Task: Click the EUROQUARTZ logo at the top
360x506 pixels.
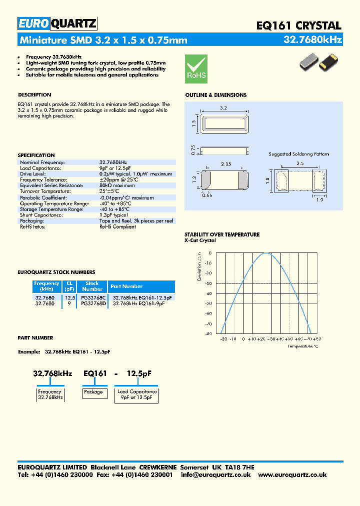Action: (x=57, y=23)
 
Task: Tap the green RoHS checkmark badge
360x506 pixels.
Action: (x=196, y=68)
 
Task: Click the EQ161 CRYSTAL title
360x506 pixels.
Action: (x=298, y=25)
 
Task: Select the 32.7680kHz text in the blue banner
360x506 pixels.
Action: (x=312, y=39)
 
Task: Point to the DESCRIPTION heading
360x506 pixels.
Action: (x=34, y=95)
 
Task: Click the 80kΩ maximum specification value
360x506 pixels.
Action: (x=117, y=185)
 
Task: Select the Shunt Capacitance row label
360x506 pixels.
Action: (x=41, y=214)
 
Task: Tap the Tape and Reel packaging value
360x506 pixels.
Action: (x=136, y=220)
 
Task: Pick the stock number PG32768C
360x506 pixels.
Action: (x=93, y=297)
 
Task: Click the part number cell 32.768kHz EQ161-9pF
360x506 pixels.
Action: (x=138, y=303)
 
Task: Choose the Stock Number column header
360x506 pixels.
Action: (x=92, y=286)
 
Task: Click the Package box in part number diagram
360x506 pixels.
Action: (x=93, y=392)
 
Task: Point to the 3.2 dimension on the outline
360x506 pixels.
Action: (x=223, y=107)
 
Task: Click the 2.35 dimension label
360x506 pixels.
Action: (x=226, y=163)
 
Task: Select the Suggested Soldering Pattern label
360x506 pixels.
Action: (x=298, y=154)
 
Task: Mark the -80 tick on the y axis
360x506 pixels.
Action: (x=208, y=333)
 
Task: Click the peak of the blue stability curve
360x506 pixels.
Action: (x=267, y=253)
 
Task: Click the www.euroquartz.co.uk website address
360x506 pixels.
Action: (x=292, y=475)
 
